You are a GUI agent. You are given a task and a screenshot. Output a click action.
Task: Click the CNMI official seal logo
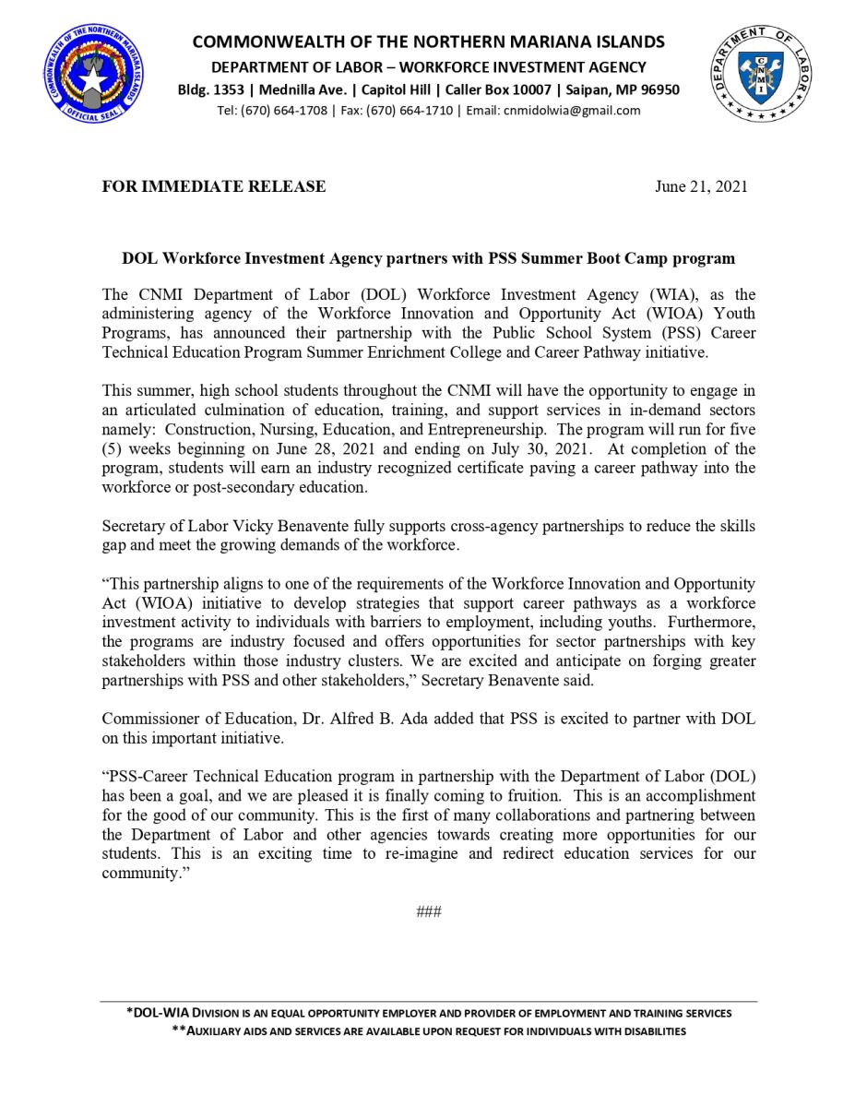click(x=91, y=80)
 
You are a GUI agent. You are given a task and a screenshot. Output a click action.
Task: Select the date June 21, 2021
click(x=701, y=186)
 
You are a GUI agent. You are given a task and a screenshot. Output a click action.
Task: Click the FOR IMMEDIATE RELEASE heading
click(x=214, y=186)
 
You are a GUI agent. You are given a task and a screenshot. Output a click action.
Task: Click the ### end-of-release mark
click(x=429, y=912)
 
